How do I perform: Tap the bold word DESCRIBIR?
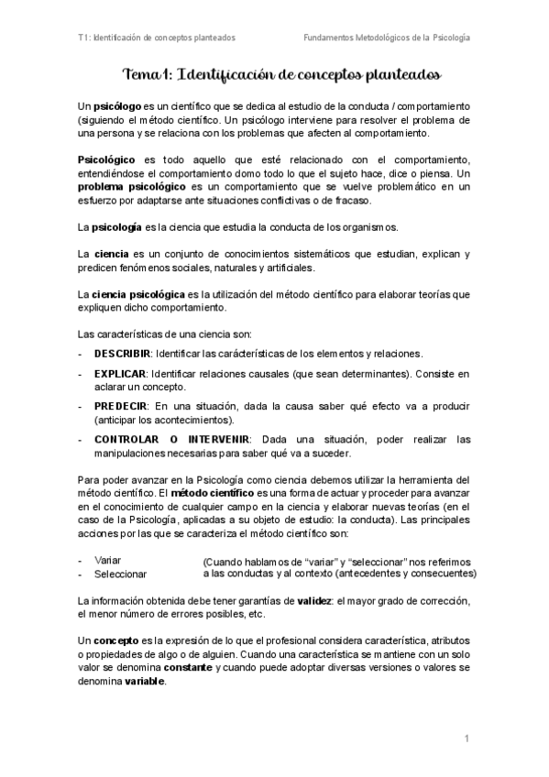(x=122, y=353)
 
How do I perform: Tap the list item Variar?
(x=108, y=559)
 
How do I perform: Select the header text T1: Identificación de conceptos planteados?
(x=157, y=38)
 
